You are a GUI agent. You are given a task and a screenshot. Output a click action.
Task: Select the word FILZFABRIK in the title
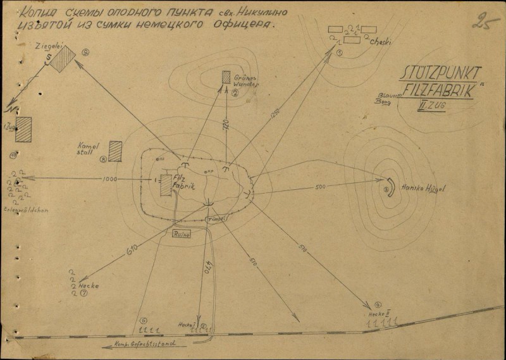(x=440, y=89)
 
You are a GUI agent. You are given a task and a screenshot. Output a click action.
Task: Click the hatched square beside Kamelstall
(x=115, y=151)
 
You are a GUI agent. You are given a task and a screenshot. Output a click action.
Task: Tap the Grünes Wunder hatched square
(x=226, y=77)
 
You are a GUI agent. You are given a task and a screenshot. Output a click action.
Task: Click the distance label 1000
(x=109, y=180)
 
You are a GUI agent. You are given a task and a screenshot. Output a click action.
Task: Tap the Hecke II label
(x=379, y=314)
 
